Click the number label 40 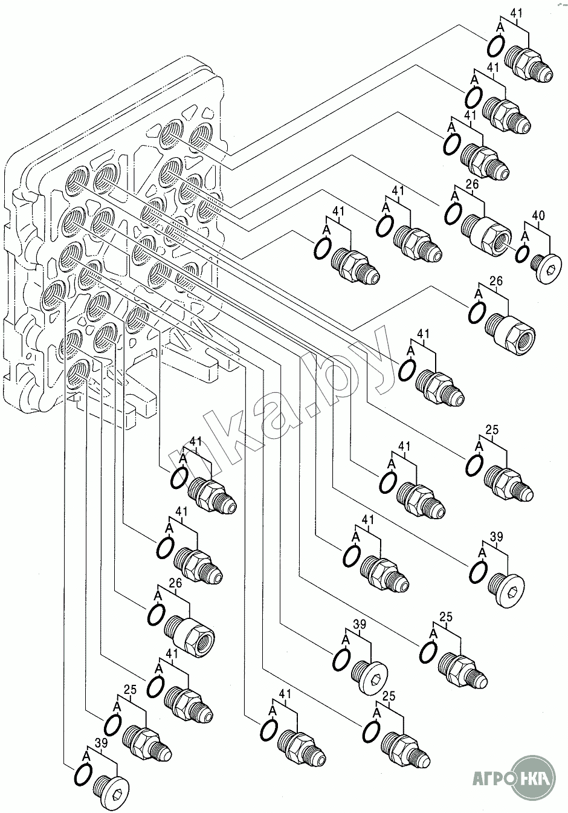[x=538, y=215]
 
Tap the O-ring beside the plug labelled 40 [x=523, y=254]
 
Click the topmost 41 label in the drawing [x=517, y=12]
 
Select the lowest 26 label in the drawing [x=175, y=583]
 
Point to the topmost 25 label [x=492, y=430]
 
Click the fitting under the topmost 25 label [x=509, y=484]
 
